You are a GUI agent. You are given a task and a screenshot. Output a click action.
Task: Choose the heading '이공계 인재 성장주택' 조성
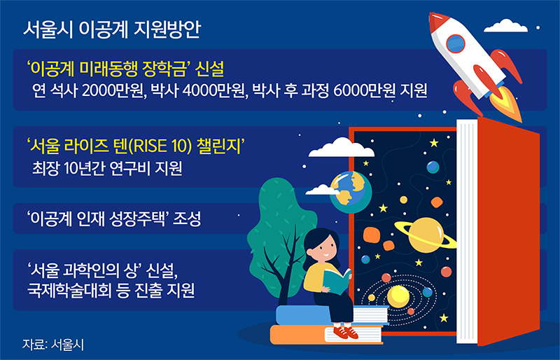pyautogui.click(x=113, y=219)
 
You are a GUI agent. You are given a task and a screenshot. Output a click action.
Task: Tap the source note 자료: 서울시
pyautogui.click(x=57, y=343)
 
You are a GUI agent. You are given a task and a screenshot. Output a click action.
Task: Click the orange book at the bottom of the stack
pyautogui.click(x=308, y=335)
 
